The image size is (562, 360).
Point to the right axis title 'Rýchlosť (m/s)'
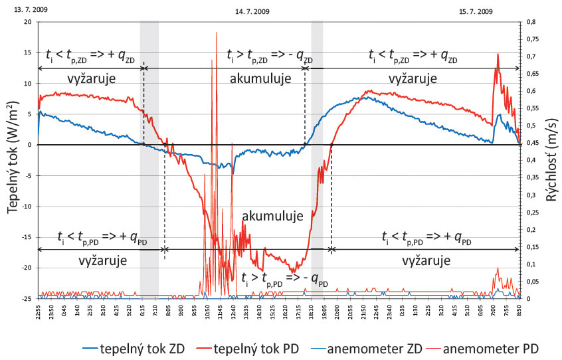pos(550,159)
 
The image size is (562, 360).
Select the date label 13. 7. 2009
pos(19,11)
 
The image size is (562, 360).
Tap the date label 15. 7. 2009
pos(476,11)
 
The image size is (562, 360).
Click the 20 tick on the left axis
pos(27,22)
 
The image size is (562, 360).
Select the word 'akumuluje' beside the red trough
pos(273,216)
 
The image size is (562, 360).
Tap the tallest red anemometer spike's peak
pos(217,33)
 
